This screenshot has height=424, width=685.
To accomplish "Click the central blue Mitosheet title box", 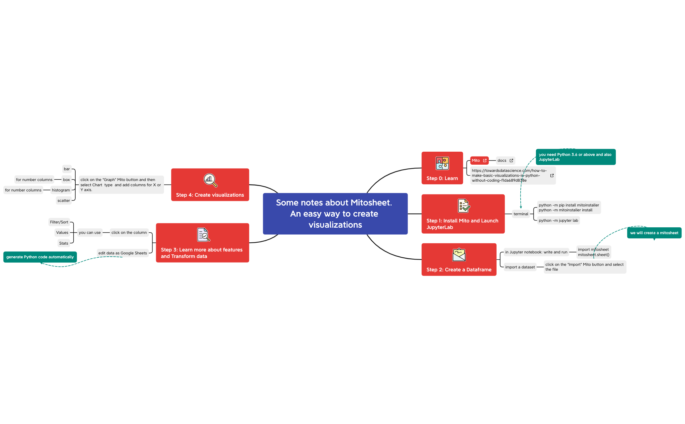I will pyautogui.click(x=335, y=214).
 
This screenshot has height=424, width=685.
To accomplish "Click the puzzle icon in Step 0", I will pyautogui.click(x=442, y=163).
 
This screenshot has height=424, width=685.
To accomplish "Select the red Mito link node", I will pyautogui.click(x=479, y=160).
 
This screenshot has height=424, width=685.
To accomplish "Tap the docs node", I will pyautogui.click(x=505, y=160).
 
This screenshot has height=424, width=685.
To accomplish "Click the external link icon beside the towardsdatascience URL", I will pyautogui.click(x=552, y=175).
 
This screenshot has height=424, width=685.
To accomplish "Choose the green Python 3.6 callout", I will pyautogui.click(x=575, y=157).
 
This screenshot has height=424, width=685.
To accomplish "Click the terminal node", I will pyautogui.click(x=521, y=214).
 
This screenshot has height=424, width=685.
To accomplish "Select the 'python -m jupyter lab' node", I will pyautogui.click(x=558, y=220).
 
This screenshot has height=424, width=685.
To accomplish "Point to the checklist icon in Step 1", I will pyautogui.click(x=463, y=206).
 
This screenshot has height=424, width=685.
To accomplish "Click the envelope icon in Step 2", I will pyautogui.click(x=459, y=255).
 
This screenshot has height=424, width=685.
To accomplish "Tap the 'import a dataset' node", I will pyautogui.click(x=520, y=267).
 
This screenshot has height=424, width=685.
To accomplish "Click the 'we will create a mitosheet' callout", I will pyautogui.click(x=654, y=233).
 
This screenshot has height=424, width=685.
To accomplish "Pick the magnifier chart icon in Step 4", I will pyautogui.click(x=210, y=180).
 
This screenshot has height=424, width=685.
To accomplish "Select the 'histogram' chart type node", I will pyautogui.click(x=61, y=190).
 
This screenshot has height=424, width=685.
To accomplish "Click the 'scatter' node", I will pyautogui.click(x=64, y=201).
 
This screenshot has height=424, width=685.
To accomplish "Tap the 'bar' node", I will pyautogui.click(x=67, y=169).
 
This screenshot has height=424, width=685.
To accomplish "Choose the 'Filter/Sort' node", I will pyautogui.click(x=59, y=222).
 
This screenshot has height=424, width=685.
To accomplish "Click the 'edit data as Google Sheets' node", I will pyautogui.click(x=123, y=253).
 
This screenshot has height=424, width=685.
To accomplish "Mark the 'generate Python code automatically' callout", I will pyautogui.click(x=40, y=257).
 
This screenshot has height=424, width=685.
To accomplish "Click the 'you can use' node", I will pyautogui.click(x=90, y=233).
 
